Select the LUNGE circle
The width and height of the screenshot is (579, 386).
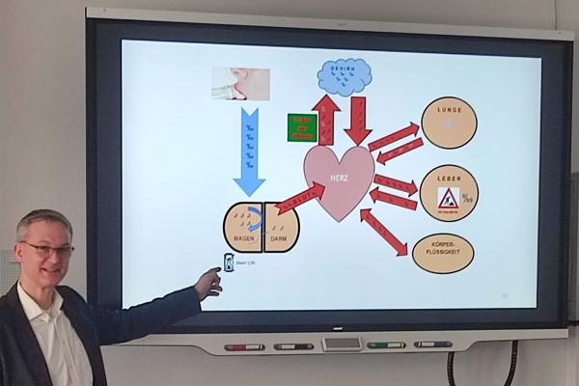pyautogui.click(x=449, y=124)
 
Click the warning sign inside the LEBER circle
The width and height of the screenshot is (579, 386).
pyautogui.click(x=448, y=198)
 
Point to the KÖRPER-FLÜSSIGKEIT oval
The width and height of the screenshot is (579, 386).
pyautogui.click(x=443, y=254)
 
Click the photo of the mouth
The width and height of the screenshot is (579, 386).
pyautogui.click(x=240, y=83)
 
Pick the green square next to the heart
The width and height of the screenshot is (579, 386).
pyautogui.click(x=302, y=127)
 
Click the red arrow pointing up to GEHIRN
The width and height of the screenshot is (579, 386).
pyautogui.click(x=326, y=120)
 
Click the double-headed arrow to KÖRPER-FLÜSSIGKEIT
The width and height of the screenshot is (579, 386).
pyautogui.click(x=384, y=233)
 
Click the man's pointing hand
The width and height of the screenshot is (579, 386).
pyautogui.click(x=208, y=282)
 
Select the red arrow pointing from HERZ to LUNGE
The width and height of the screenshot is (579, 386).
pyautogui.click(x=393, y=136)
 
